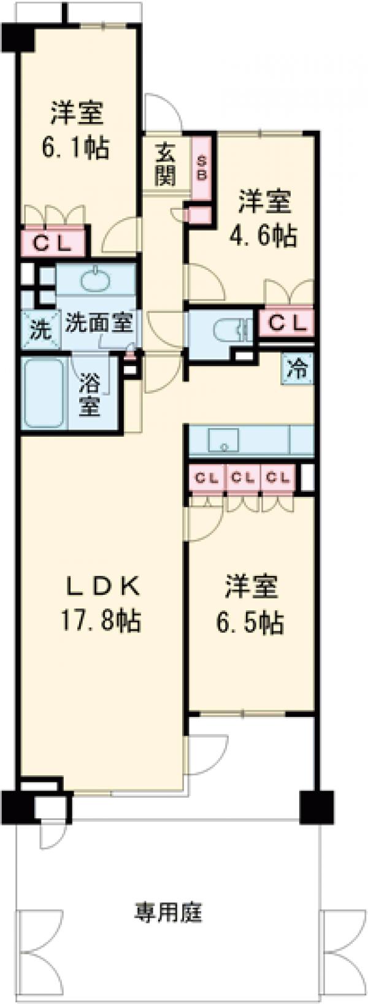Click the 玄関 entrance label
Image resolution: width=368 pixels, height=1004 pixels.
tap(165, 164)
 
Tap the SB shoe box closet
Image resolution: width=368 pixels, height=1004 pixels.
tap(202, 166)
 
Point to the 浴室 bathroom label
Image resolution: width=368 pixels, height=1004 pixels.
tap(90, 395)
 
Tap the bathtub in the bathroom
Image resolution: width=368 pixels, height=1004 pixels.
tap(44, 393)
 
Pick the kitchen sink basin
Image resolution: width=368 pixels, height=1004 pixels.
tap(223, 439)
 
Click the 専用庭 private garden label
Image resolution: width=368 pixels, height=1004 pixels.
tap(168, 914)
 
